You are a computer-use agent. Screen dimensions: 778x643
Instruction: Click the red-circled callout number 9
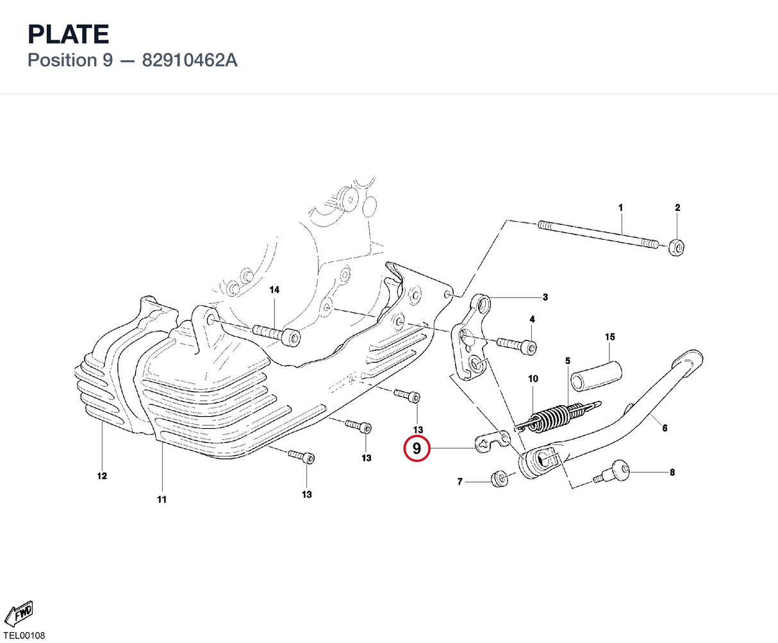pyautogui.click(x=417, y=448)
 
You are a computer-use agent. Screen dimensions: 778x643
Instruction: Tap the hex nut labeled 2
pyautogui.click(x=676, y=247)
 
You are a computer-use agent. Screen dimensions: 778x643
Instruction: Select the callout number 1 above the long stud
pyautogui.click(x=621, y=208)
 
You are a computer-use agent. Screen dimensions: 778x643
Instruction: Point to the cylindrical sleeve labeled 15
pyautogui.click(x=596, y=376)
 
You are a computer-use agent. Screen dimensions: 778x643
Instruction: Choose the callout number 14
pyautogui.click(x=274, y=290)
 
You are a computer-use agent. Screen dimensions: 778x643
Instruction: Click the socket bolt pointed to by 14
pyautogui.click(x=276, y=335)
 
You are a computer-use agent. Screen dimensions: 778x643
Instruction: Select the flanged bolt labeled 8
pyautogui.click(x=611, y=472)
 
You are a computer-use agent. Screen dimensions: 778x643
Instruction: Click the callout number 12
pyautogui.click(x=102, y=476)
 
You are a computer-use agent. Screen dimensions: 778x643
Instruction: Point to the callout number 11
pyautogui.click(x=161, y=499)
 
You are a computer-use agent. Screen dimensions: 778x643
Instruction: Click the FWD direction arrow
pyautogui.click(x=19, y=613)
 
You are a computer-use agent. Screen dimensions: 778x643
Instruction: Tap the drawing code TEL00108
pyautogui.click(x=24, y=635)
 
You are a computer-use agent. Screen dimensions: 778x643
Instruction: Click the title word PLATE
pyautogui.click(x=69, y=34)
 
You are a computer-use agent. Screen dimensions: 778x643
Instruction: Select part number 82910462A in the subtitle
pyautogui.click(x=190, y=60)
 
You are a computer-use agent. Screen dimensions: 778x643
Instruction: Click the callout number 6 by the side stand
pyautogui.click(x=665, y=428)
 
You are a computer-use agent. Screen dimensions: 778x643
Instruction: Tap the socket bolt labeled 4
pyautogui.click(x=517, y=345)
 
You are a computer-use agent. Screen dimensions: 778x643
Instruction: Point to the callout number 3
pyautogui.click(x=545, y=297)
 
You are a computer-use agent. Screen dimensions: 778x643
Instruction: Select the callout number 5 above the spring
pyautogui.click(x=567, y=361)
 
